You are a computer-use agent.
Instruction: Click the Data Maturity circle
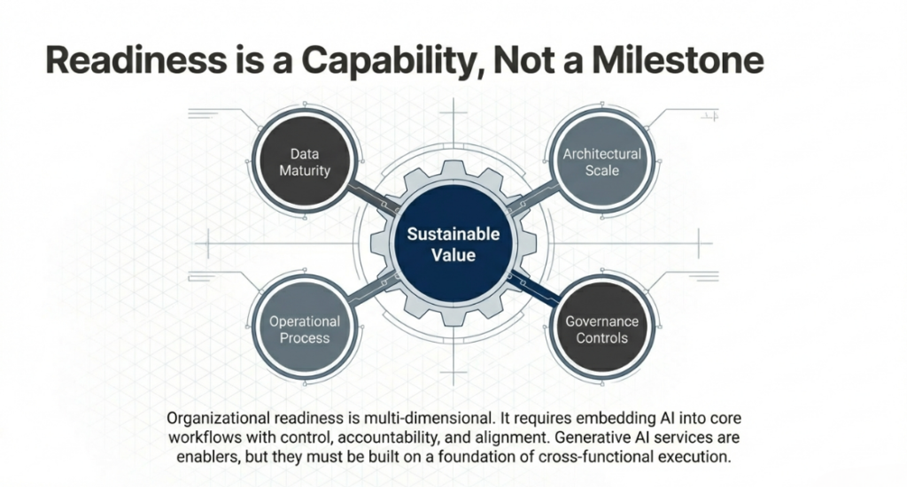304,161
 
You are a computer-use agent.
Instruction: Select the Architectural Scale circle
601,161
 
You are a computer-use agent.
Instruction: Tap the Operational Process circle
304,329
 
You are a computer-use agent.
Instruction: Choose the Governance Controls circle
601,329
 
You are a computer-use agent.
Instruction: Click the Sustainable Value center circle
453,244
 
